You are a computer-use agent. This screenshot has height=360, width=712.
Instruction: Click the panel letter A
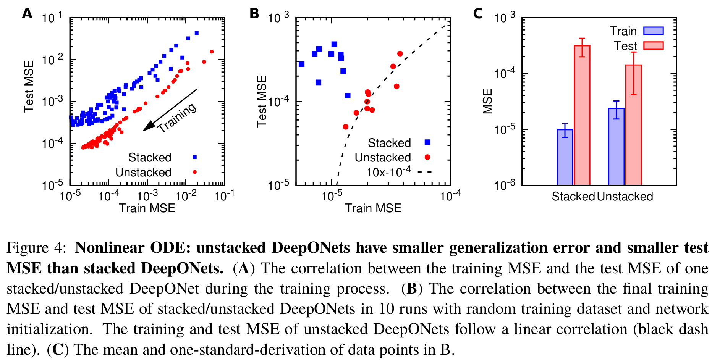(27, 14)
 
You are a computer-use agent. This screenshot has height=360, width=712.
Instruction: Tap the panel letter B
(254, 14)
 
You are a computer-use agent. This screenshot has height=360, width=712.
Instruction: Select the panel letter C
(478, 14)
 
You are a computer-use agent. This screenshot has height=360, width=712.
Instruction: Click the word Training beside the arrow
(177, 118)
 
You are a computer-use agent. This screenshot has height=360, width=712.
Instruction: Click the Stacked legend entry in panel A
(150, 157)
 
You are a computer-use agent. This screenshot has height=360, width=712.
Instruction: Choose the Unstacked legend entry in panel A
(143, 172)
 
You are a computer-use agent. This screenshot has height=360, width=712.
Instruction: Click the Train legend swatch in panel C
(653, 31)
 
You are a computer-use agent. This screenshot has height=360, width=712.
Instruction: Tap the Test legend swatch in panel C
(653, 46)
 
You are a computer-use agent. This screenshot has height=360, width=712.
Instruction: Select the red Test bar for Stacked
(582, 115)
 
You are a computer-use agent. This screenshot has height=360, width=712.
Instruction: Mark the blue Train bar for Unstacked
(616, 147)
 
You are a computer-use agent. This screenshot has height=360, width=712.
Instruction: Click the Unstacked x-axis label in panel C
(625, 196)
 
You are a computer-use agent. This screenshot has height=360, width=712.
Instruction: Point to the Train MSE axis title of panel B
(373, 208)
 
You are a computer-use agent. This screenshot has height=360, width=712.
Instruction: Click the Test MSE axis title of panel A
(29, 86)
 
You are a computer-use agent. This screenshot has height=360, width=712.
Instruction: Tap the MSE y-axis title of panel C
(487, 102)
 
